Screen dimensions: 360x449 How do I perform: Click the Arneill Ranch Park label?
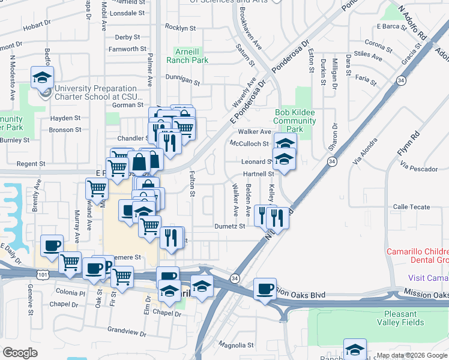[x=191, y=55]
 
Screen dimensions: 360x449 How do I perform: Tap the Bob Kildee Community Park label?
[x=295, y=121]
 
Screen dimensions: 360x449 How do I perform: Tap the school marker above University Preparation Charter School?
[x=42, y=77]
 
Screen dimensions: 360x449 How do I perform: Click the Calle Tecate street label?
[x=411, y=207]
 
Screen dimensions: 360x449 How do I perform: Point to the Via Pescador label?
[x=420, y=169]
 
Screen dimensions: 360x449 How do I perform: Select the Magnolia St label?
[x=235, y=345]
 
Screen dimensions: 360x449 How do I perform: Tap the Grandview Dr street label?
[x=127, y=329]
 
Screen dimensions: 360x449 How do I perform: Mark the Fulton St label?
[x=192, y=184]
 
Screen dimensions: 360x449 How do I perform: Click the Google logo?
[x=20, y=353]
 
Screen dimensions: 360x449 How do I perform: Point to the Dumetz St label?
[x=230, y=226]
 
